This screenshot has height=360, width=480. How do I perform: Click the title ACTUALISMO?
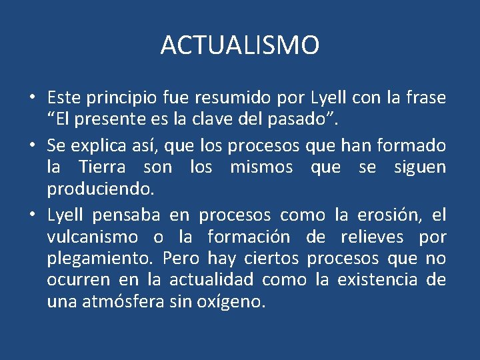(240, 46)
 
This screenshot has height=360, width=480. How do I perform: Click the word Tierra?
(101, 167)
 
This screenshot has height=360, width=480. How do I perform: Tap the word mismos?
(261, 167)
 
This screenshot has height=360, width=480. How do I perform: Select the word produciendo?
(100, 189)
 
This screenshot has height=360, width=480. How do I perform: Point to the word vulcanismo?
(93, 237)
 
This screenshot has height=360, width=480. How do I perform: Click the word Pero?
(181, 259)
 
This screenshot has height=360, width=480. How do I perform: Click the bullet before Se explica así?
(32, 145)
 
